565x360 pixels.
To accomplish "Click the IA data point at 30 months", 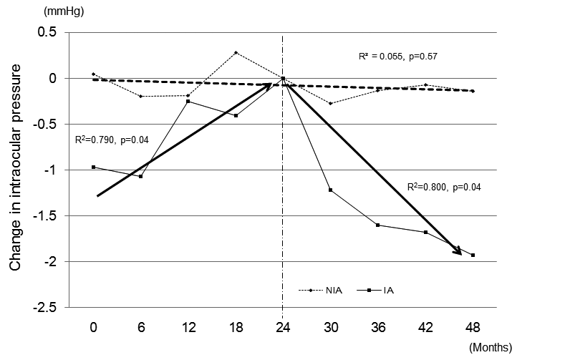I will coord(331,190).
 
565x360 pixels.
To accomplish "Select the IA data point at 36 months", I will coord(378,225).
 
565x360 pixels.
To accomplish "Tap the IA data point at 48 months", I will coord(473,256).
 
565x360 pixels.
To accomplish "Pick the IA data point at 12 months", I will coord(188,102).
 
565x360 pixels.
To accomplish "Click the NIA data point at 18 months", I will coord(236,52).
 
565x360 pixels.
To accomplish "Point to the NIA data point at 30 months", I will coord(331,103).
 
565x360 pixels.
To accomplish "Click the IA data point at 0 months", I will coord(94,167).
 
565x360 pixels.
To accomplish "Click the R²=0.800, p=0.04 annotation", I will coord(443,187).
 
